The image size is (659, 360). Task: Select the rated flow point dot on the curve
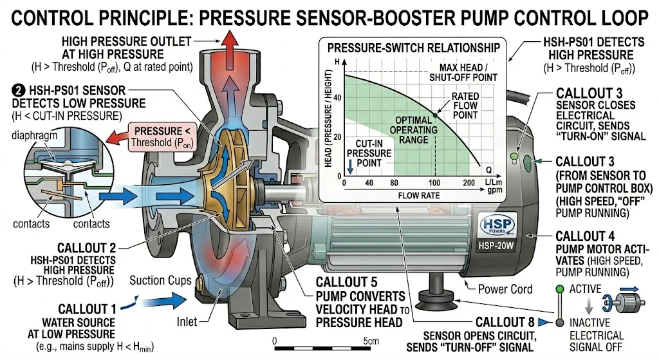435,115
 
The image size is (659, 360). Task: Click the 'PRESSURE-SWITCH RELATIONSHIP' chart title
413,48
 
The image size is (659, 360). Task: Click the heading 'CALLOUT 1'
88,309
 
